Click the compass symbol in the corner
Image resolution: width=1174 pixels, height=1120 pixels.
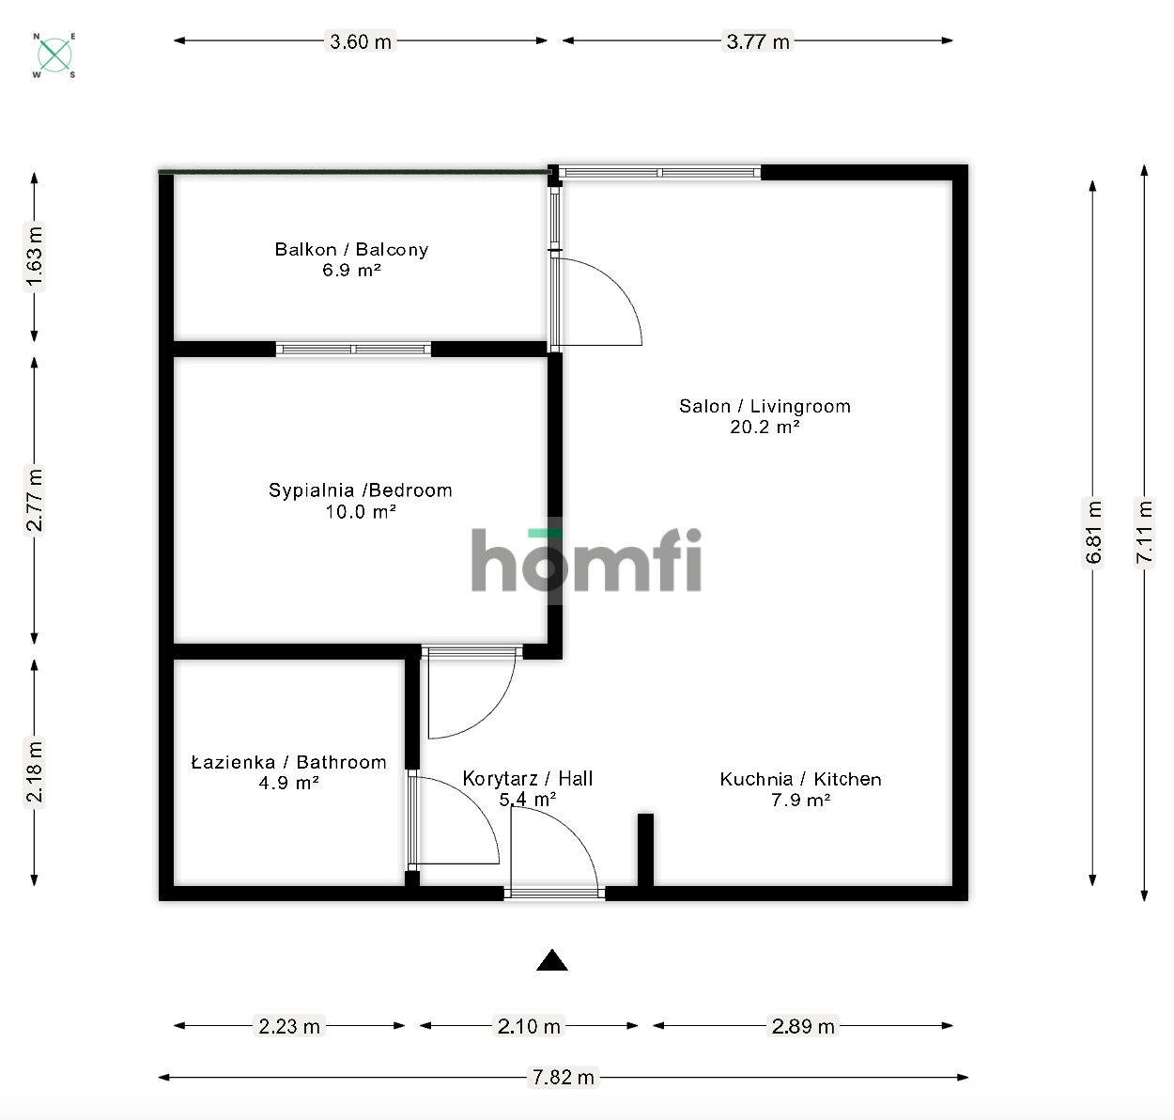pos(55,55)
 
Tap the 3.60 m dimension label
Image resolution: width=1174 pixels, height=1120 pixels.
pos(361,41)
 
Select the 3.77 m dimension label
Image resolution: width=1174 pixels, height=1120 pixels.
pos(758,41)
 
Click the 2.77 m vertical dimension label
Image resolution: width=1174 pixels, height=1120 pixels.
pos(34,500)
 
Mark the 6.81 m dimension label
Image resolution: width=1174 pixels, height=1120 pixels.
pos(1093,533)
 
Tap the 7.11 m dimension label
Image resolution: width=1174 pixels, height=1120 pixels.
pos(1144,533)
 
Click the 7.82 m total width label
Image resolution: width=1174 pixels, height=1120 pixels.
pos(564,1077)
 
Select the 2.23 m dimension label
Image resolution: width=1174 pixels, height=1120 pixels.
pos(289,1026)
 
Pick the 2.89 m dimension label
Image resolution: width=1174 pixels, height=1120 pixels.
pos(803,1026)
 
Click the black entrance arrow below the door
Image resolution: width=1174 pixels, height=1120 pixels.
pos(552,960)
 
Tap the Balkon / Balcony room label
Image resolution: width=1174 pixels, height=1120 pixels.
pos(351,249)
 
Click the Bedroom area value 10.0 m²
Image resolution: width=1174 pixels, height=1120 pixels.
pos(361,512)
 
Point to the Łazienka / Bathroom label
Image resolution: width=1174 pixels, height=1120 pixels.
pos(288,762)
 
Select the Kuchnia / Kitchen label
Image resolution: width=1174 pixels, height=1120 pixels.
pos(800,779)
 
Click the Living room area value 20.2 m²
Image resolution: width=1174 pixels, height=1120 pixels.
pos(765,427)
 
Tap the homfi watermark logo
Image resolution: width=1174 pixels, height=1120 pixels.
pos(586,561)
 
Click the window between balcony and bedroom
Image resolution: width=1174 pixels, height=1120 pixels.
pos(353,350)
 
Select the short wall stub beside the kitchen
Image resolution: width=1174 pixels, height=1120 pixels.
pos(645,848)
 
